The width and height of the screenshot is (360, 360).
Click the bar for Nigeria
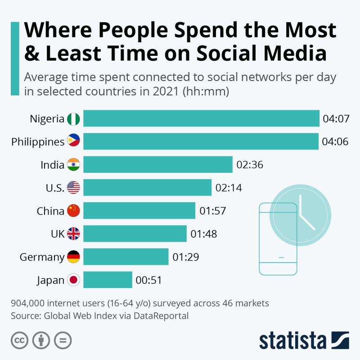pyautogui.click(x=201, y=119)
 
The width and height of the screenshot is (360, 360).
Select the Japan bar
pyautogui.click(x=108, y=280)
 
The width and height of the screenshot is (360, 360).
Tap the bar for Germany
pyautogui.click(x=126, y=257)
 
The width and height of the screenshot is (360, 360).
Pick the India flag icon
pyautogui.click(x=73, y=165)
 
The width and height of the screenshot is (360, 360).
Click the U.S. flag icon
pyautogui.click(x=73, y=188)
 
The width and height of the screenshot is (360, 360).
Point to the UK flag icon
pyautogui.click(x=73, y=234)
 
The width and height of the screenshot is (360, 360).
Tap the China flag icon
pyautogui.click(x=73, y=211)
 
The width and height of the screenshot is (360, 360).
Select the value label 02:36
pyautogui.click(x=250, y=165)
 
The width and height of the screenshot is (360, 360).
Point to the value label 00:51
pyautogui.click(x=148, y=280)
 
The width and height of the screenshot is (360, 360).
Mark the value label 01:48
pyautogui.click(x=204, y=234)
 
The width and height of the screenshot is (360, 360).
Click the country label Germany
pyautogui.click(x=42, y=257)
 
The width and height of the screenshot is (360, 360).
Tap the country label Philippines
pyautogui.click(x=38, y=142)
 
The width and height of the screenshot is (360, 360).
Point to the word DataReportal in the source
pyautogui.click(x=160, y=315)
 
